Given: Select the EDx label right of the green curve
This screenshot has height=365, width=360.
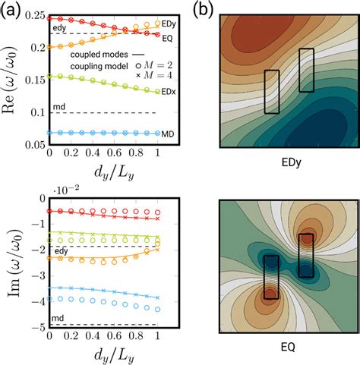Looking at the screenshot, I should [x=171, y=92].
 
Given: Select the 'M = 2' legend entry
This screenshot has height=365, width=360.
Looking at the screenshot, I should [x=143, y=67].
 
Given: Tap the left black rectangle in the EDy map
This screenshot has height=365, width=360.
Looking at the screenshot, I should [x=272, y=91].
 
